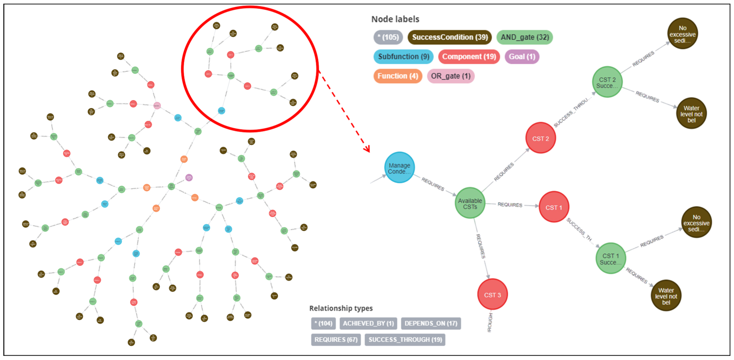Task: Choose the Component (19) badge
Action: (469, 57)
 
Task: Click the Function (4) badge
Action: (398, 76)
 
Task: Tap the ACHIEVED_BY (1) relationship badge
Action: (368, 323)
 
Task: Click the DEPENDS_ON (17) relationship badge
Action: (431, 323)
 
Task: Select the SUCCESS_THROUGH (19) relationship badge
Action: (405, 340)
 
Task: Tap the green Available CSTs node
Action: (470, 203)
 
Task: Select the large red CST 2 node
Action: (540, 138)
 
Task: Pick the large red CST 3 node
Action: (492, 294)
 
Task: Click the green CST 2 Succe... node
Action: (607, 82)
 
